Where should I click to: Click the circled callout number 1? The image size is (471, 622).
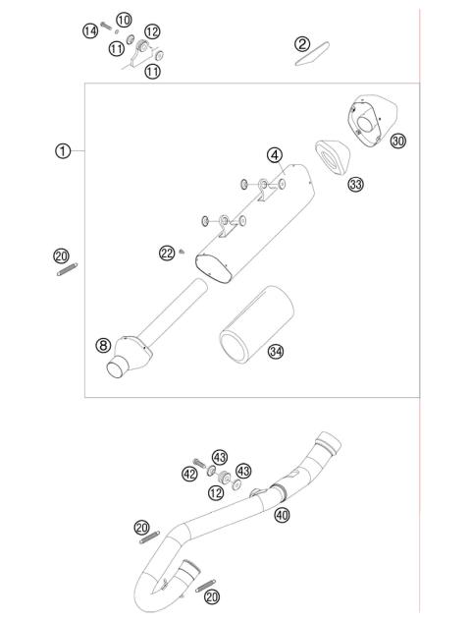[x=63, y=150]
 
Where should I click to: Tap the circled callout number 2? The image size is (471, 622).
[x=302, y=43]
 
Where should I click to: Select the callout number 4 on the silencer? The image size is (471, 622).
[x=276, y=154]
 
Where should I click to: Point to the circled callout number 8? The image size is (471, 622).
[x=102, y=345]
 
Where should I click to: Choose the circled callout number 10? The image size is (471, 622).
[x=123, y=20]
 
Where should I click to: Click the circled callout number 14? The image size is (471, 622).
[x=89, y=31]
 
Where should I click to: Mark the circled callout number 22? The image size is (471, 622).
[x=166, y=254]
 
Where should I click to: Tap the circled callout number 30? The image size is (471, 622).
[x=397, y=141]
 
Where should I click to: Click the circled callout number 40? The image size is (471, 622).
[x=283, y=514]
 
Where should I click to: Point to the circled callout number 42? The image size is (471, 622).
[x=189, y=473]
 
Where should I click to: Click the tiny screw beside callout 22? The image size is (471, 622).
[x=183, y=254]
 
